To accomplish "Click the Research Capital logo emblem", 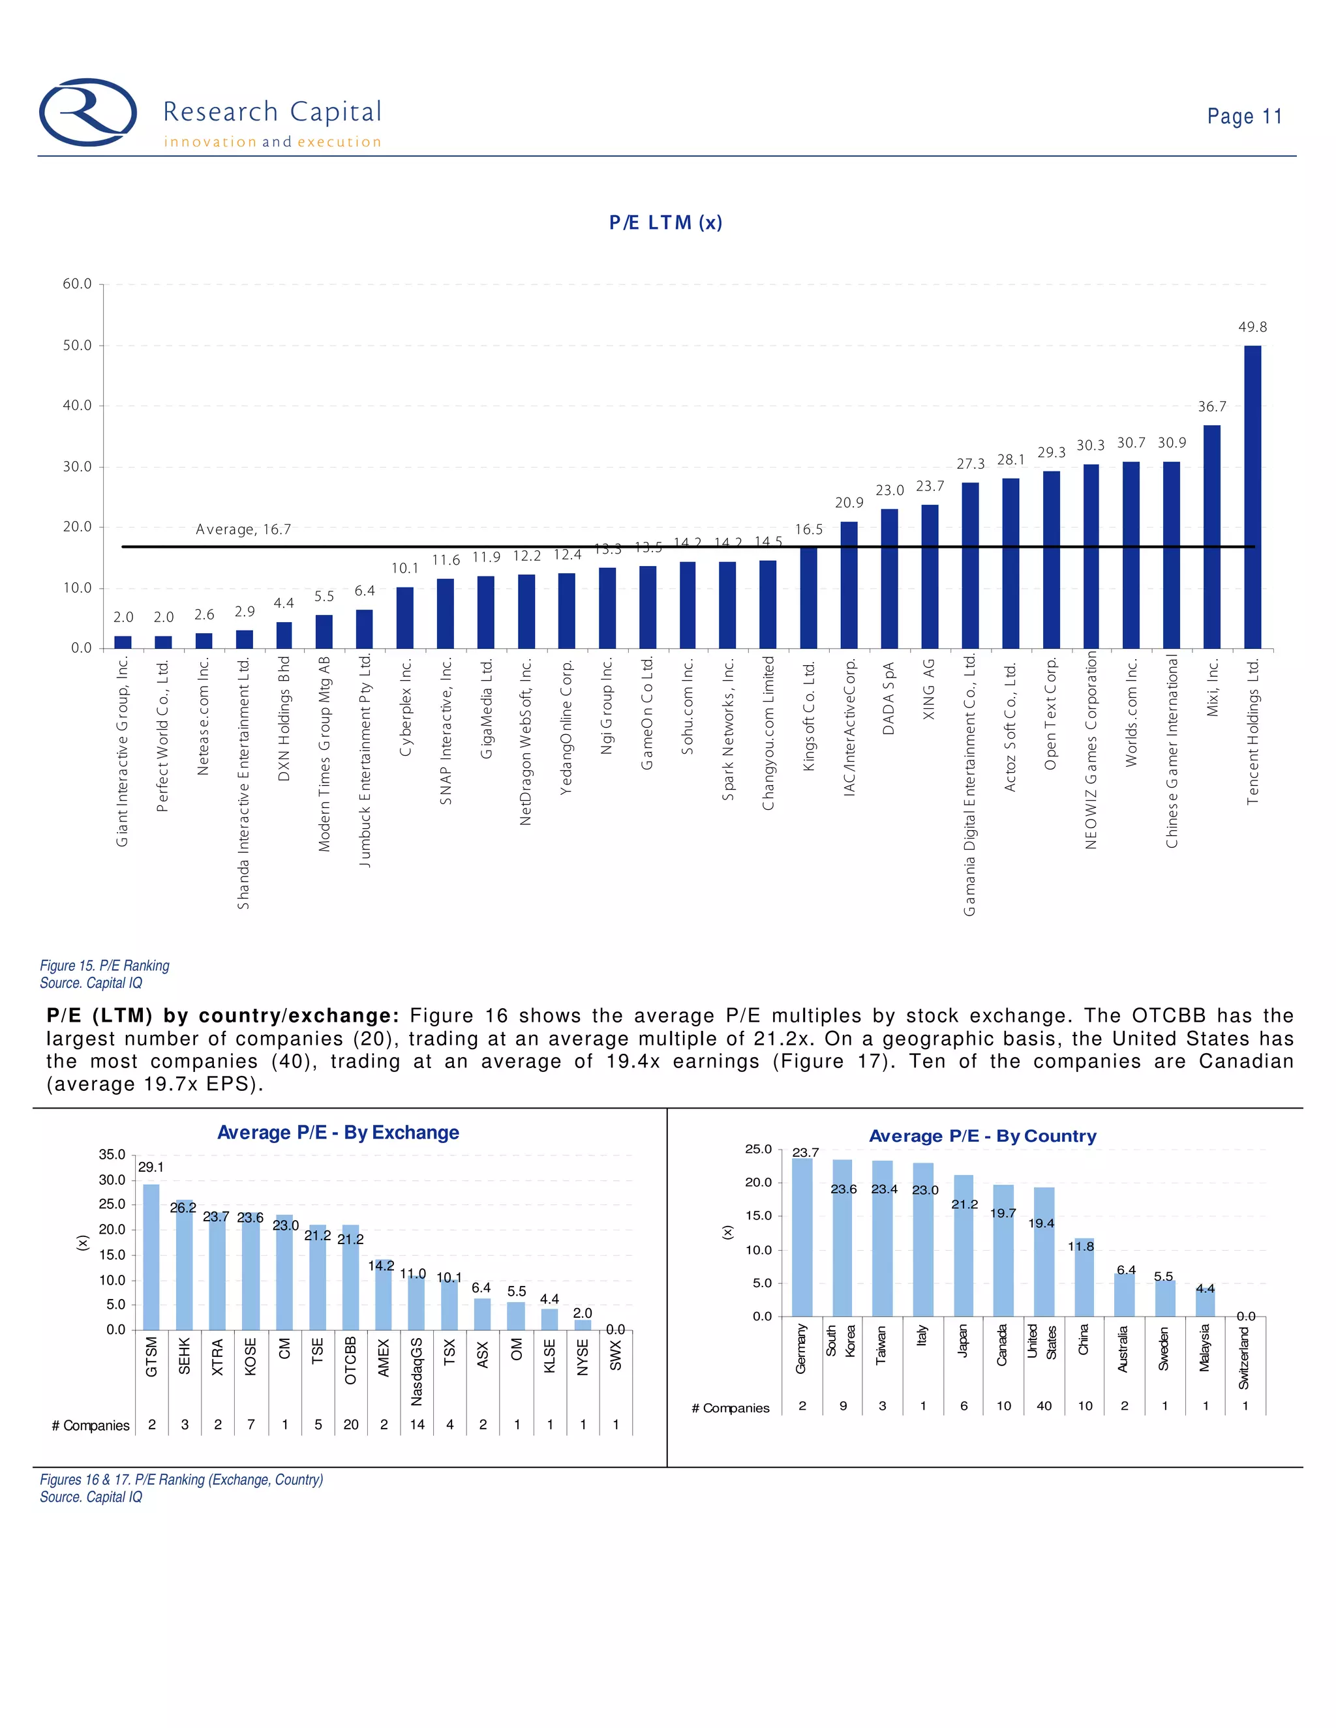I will pyautogui.click(x=88, y=112).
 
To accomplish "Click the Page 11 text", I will pyautogui.click(x=1243, y=116).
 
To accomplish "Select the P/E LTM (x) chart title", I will pyautogui.click(x=665, y=222).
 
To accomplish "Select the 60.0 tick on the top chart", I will pyautogui.click(x=78, y=284).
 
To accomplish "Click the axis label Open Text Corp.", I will pyautogui.click(x=1050, y=713).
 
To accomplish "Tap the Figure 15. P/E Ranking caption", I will pyautogui.click(x=104, y=965).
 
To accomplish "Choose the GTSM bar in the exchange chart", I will pyautogui.click(x=151, y=1257).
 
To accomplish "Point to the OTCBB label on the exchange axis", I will pyautogui.click(x=350, y=1360).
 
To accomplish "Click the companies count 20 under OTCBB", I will pyautogui.click(x=350, y=1424).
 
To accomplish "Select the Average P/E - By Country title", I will pyautogui.click(x=982, y=1136).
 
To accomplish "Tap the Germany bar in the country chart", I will pyautogui.click(x=802, y=1236).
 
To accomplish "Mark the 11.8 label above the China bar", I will pyautogui.click(x=1081, y=1246).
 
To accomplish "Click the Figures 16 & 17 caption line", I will pyautogui.click(x=181, y=1480).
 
